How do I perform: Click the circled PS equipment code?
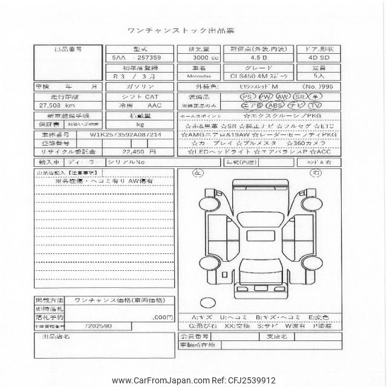[x=247, y=97]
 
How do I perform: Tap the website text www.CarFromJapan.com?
[x=158, y=380]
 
